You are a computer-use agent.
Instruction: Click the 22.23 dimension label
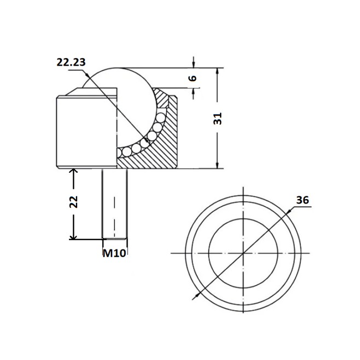pyautogui.click(x=71, y=62)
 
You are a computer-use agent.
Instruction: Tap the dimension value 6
pyautogui.click(x=193, y=78)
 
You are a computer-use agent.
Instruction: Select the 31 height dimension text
pyautogui.click(x=217, y=119)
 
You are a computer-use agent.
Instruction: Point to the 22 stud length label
pyautogui.click(x=73, y=202)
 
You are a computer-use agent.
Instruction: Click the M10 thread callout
pyautogui.click(x=114, y=253)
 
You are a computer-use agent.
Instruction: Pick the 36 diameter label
pyautogui.click(x=303, y=200)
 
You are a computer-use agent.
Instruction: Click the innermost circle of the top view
pyautogui.click(x=243, y=219)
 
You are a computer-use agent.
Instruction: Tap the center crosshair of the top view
pyautogui.click(x=243, y=253)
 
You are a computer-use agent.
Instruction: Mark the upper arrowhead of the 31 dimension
pyautogui.click(x=217, y=72)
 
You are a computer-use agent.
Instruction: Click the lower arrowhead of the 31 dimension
pyautogui.click(x=217, y=165)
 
